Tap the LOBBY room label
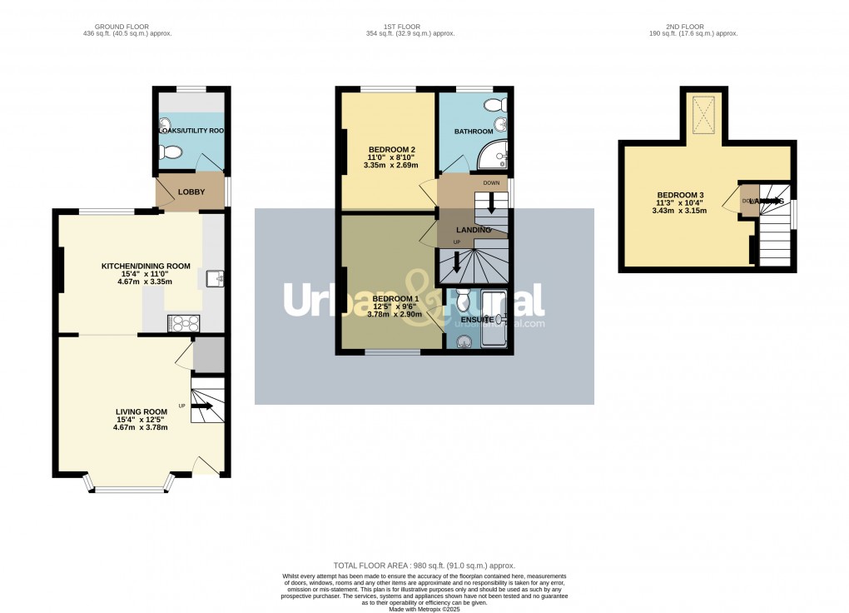point(191,192)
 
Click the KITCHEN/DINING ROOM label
point(146,267)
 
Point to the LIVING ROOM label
point(141,411)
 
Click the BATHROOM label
point(474,132)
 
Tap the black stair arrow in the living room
point(201,407)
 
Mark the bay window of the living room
point(130,486)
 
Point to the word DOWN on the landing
point(491,182)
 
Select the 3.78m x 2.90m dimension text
point(394,315)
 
